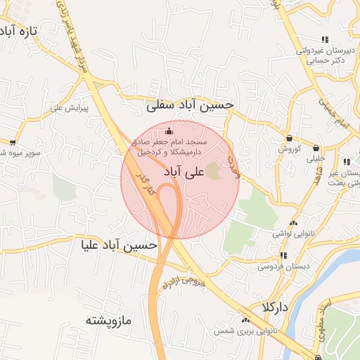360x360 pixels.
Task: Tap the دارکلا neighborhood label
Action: (274, 307)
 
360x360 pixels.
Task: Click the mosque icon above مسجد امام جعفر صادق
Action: (168, 131)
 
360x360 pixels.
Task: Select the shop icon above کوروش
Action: (289, 139)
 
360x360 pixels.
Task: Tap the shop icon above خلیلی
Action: (316, 148)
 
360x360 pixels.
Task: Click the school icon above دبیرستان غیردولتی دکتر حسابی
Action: (324, 39)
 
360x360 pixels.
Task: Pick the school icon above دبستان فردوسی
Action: (283, 255)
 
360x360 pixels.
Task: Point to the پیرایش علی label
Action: (69, 108)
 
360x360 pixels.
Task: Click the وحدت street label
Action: (235, 167)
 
